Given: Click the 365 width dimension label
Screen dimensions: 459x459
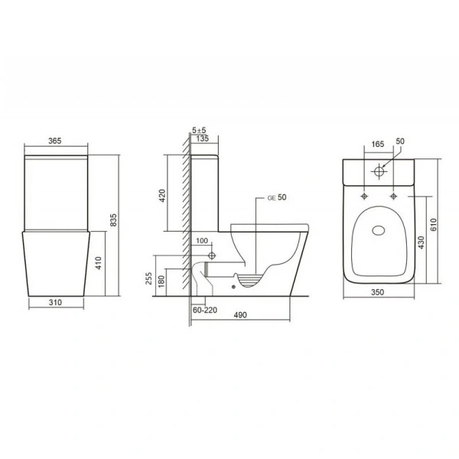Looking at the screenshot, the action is [55, 141].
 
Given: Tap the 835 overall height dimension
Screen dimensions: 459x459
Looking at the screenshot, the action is [113, 220].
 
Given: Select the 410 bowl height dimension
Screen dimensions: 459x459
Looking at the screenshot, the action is [99, 263].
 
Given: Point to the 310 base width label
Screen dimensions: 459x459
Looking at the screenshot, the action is [55, 302].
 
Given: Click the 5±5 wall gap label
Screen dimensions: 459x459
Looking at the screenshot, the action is [199, 130].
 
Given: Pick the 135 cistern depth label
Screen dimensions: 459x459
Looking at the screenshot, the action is [202, 138].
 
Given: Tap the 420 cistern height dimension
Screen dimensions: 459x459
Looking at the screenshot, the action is [162, 196].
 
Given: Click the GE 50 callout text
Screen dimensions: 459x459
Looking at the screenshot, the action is [277, 197].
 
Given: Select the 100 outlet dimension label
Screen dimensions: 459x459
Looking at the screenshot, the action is [202, 241].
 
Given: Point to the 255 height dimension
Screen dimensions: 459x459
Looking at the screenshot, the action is [148, 278].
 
